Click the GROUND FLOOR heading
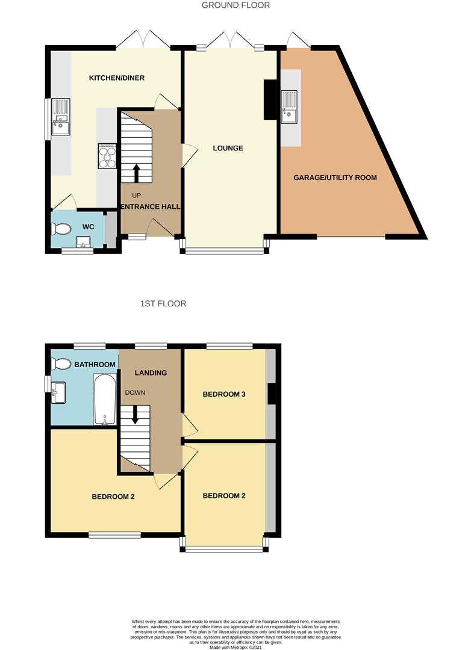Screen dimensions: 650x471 235,5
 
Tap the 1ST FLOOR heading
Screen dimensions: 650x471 163,304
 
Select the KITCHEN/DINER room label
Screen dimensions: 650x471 117,78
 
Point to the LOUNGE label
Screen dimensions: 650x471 228,148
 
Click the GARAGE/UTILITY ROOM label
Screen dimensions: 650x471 335,178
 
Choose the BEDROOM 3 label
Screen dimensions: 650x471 225,395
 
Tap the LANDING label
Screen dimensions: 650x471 151,373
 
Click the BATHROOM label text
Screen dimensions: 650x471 95,365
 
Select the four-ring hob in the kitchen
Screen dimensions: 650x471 107,156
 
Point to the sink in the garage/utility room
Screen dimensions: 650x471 290,107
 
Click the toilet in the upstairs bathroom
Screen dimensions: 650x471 61,364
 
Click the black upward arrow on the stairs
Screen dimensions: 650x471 136,173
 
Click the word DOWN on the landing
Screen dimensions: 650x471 135,393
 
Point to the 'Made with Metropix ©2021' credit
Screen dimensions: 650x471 235,647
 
